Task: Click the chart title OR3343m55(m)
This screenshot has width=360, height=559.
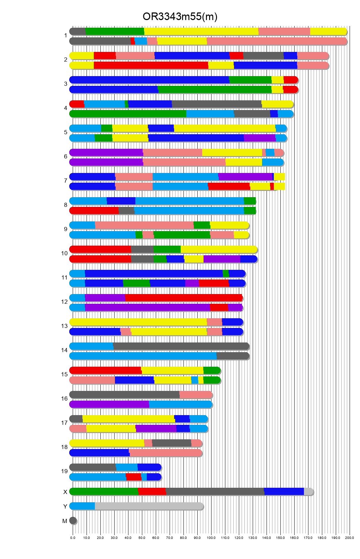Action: coord(180,17)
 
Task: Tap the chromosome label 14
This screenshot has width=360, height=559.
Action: coord(64,350)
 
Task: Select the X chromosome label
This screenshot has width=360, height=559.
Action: coord(65,492)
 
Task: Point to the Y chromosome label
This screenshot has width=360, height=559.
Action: coord(65,507)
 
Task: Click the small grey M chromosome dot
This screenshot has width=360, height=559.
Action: coord(73,521)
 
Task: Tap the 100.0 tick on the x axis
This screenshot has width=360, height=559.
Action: coord(211,538)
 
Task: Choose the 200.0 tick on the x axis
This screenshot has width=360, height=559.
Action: coord(350,538)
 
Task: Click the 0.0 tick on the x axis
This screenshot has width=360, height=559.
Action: coord(73,538)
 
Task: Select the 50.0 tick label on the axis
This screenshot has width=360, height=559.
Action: coord(142,538)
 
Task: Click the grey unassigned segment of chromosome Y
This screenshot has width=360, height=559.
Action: coord(149,506)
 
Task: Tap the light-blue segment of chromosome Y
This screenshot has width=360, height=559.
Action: coord(82,506)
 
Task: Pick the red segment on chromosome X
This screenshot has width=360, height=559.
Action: coord(152,492)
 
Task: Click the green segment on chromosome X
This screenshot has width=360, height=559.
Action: coord(104,492)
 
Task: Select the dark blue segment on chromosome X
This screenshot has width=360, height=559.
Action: coord(284,492)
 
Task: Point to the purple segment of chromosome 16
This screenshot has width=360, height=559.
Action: coord(109,404)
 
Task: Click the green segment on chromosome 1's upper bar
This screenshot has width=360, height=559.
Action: coord(115,31)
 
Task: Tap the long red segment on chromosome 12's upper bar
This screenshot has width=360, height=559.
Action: coord(183,298)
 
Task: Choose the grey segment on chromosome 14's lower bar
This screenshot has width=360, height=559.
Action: coord(232,356)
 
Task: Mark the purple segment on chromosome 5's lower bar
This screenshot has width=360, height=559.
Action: coord(260,138)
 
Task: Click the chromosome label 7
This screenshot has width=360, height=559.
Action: coord(65,181)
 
